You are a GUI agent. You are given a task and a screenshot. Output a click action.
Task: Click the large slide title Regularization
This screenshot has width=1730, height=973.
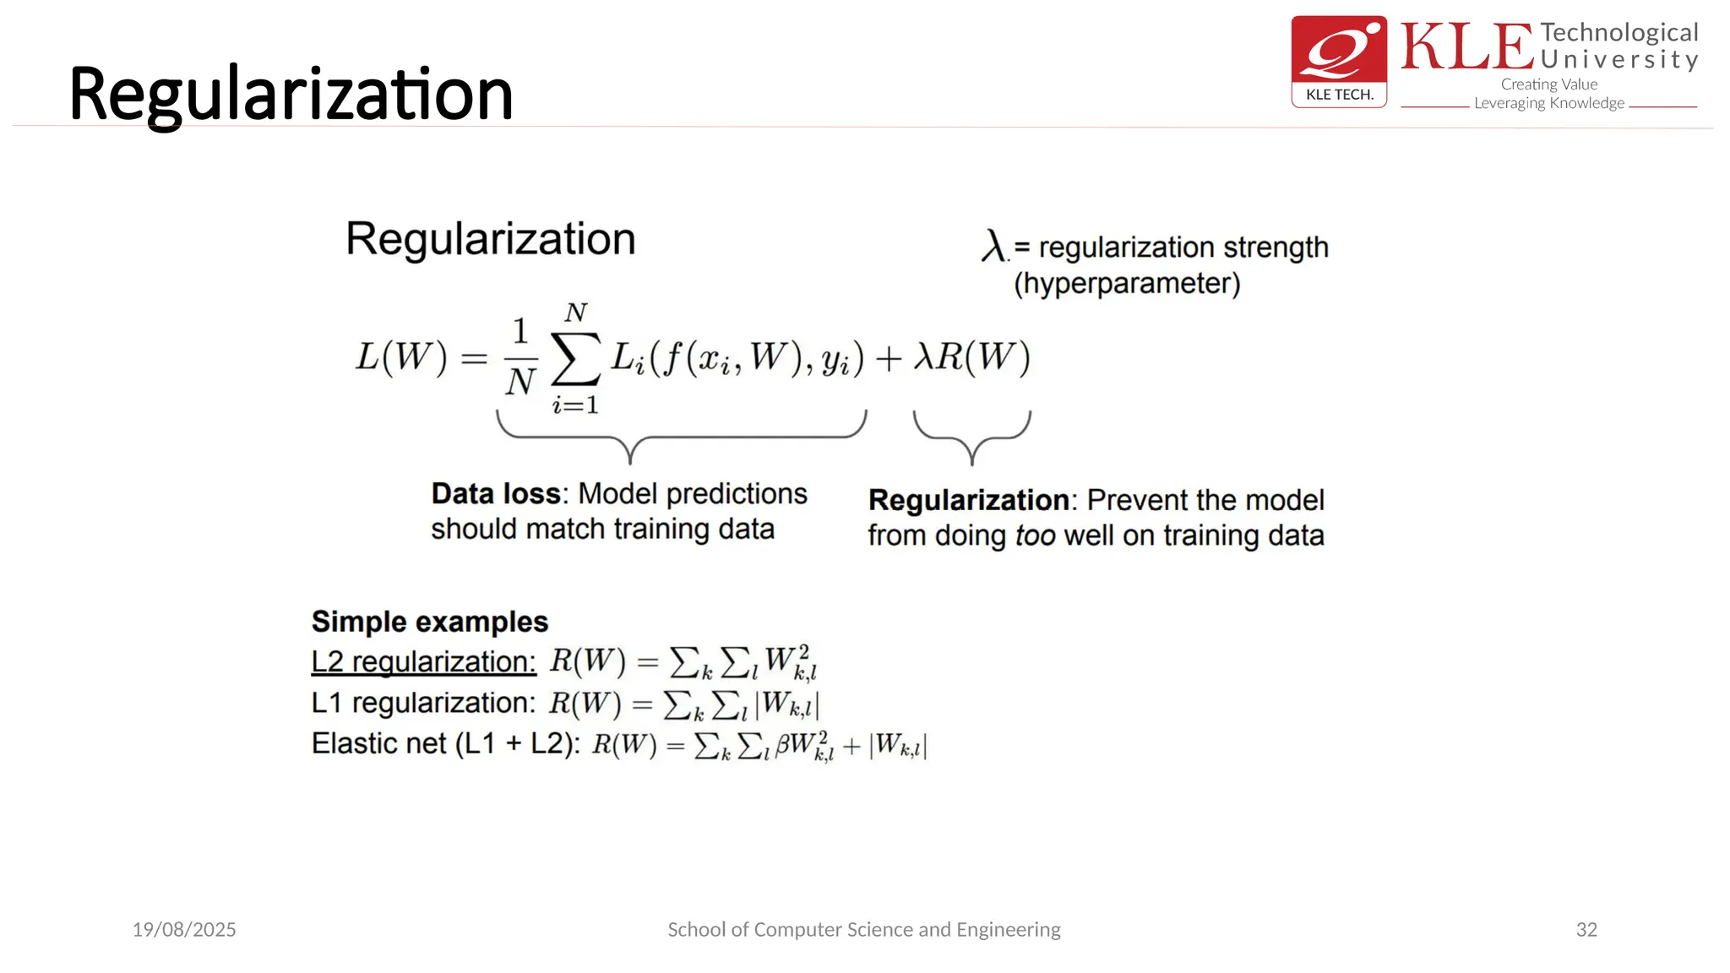(291, 94)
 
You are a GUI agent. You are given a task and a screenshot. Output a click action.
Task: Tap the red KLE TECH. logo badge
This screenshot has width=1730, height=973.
(1339, 62)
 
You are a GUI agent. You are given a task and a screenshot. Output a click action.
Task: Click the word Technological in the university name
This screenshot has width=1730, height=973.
(1618, 33)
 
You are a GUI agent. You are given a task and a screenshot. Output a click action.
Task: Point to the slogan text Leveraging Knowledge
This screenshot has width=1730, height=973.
(1548, 103)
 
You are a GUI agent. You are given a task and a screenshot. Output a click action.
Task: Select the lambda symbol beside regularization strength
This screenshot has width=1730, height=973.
(993, 246)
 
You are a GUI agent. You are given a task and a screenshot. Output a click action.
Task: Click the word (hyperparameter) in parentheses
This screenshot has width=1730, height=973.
(1127, 283)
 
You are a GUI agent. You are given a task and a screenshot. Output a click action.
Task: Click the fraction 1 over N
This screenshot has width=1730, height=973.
(520, 356)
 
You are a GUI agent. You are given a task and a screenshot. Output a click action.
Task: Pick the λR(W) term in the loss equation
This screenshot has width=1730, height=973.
(972, 357)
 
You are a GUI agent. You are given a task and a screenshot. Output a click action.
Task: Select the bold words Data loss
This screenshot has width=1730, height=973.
(496, 493)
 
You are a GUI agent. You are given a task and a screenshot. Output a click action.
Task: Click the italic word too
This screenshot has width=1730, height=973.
(1035, 535)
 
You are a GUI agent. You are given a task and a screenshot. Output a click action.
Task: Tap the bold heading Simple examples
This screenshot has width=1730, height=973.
(429, 622)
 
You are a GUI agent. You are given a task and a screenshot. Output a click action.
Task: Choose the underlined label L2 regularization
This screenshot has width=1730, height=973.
(423, 661)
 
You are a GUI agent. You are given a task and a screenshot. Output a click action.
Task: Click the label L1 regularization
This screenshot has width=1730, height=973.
(423, 703)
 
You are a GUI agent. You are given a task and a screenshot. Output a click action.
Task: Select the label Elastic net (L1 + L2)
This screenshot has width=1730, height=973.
(445, 743)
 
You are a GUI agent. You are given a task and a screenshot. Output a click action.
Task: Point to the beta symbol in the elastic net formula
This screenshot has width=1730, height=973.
(782, 744)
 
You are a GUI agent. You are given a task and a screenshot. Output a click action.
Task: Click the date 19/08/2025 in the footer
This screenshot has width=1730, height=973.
(184, 929)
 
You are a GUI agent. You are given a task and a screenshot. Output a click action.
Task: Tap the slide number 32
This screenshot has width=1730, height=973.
(1586, 929)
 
